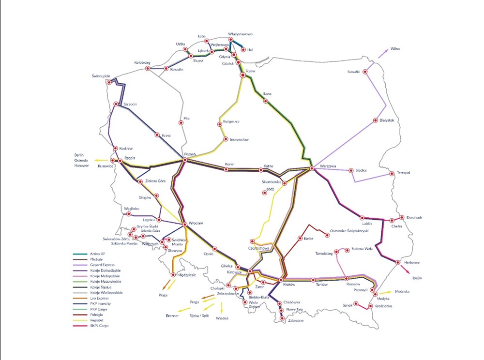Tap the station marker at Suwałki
(x=365, y=72)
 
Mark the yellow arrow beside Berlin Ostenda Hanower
(x=100, y=160)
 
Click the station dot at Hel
(x=243, y=49)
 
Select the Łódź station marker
(x=264, y=193)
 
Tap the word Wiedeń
(x=222, y=318)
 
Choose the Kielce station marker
(x=300, y=239)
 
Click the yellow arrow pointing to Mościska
(x=385, y=293)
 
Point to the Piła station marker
(x=181, y=123)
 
